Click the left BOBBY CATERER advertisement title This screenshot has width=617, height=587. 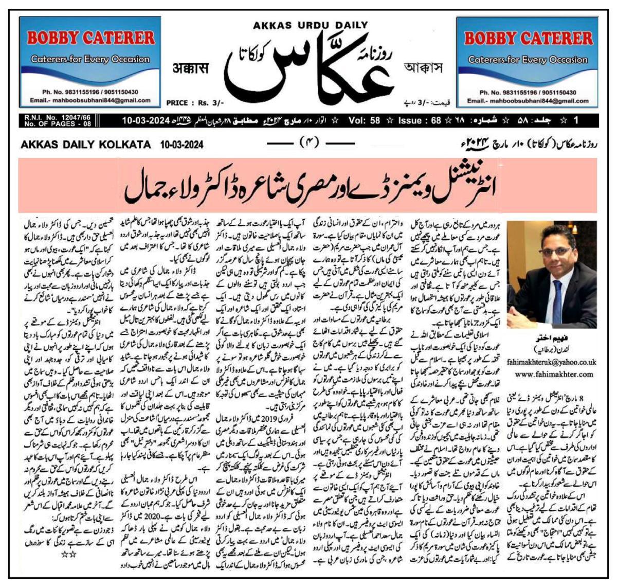(x=91, y=38)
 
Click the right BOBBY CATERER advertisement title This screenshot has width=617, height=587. (x=528, y=38)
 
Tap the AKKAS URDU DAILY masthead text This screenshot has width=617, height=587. (x=310, y=25)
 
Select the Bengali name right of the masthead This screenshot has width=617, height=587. (x=423, y=68)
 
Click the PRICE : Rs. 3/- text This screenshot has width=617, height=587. (x=191, y=103)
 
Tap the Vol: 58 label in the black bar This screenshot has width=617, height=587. (x=364, y=120)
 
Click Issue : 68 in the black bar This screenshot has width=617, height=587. (x=420, y=120)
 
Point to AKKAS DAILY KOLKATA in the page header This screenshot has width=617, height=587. (x=85, y=145)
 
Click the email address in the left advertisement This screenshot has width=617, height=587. (x=90, y=100)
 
